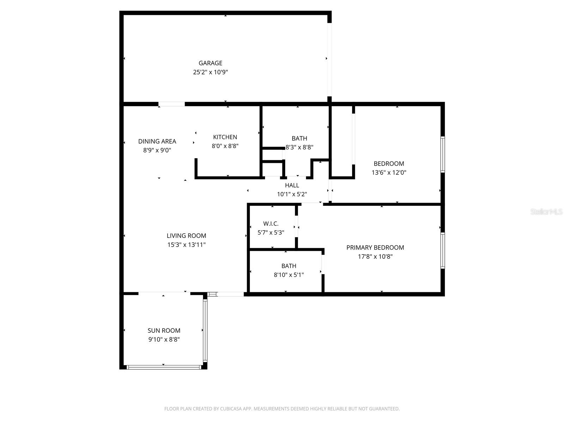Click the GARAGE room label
point(210,63)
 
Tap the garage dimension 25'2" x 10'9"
point(210,72)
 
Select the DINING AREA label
point(157,141)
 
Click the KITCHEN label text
point(225,137)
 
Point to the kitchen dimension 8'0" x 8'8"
point(225,146)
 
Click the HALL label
point(292,185)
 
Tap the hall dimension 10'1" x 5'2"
point(292,194)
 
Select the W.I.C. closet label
point(271,224)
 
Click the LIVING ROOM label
point(186,236)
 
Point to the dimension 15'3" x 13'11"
point(186,245)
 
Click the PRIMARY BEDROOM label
point(375,247)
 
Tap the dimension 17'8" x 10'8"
point(375,257)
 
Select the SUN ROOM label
point(164,331)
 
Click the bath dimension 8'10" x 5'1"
point(289,275)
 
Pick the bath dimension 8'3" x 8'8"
point(299,147)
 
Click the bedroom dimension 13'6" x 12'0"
point(389,173)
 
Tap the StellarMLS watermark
point(546,212)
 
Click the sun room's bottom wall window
point(164,367)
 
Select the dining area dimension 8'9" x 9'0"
point(157,150)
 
